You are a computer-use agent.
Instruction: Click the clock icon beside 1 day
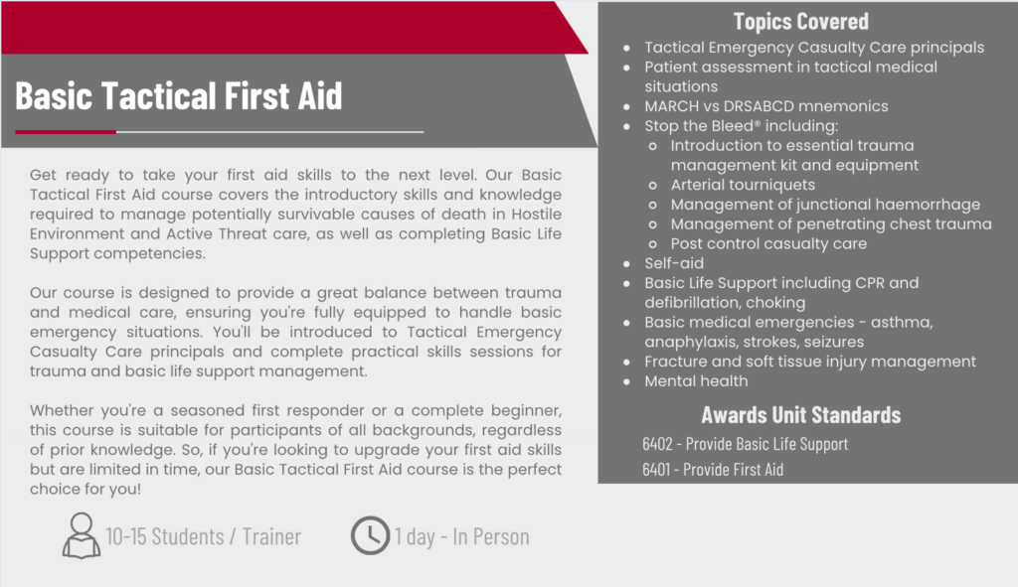370,535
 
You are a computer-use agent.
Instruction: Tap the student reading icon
82,535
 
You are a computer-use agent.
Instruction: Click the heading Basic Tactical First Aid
179,95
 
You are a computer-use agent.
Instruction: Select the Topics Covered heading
800,22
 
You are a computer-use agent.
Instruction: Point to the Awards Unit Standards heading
800,414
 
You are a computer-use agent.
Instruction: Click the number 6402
657,444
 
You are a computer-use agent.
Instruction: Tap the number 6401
656,469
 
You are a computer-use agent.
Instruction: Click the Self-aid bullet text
674,263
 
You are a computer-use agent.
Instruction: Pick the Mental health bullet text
696,381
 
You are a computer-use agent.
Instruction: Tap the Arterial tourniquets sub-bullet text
743,185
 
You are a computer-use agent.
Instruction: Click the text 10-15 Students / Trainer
203,536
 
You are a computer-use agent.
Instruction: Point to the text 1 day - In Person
461,536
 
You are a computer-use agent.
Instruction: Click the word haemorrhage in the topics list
930,205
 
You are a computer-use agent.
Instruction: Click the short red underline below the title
66,132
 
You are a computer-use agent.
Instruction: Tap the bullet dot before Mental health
626,382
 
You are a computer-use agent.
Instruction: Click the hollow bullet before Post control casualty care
652,244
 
